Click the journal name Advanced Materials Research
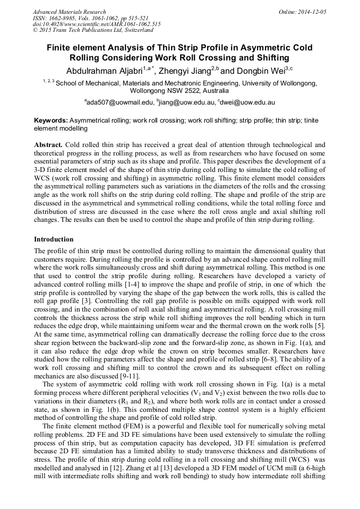[x=69, y=12]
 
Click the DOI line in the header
[x=97, y=24]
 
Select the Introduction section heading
[x=54, y=239]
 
